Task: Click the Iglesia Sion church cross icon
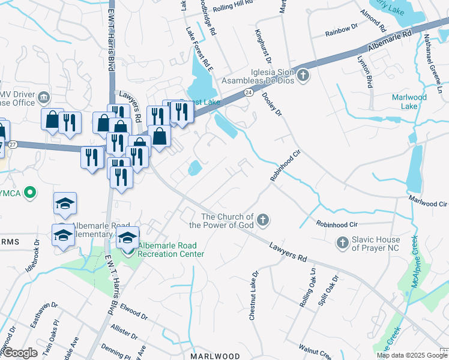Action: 304,75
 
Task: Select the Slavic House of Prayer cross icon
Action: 342,242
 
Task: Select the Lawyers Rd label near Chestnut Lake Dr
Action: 288,251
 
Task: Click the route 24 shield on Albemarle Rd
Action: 247,92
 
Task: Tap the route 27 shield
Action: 12,145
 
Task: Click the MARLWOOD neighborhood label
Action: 215,356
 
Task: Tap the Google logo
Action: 20,353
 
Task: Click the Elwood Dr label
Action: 134,312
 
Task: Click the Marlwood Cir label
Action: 428,203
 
